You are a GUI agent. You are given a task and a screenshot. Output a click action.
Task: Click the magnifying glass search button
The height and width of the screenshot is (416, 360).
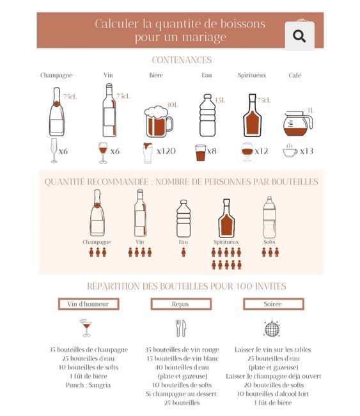pyautogui.click(x=299, y=36)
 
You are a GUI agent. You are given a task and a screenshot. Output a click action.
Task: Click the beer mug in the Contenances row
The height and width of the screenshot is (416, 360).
pyautogui.click(x=158, y=121)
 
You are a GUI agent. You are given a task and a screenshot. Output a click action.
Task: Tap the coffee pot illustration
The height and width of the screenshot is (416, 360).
pyautogui.click(x=297, y=123)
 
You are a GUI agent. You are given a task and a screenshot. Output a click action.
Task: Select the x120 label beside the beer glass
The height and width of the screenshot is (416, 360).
pyautogui.click(x=166, y=152)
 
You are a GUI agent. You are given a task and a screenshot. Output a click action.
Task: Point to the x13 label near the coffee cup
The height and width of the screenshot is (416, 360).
pyautogui.click(x=306, y=152)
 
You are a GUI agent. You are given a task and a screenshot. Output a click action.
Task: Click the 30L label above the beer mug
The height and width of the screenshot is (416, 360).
pyautogui.click(x=171, y=104)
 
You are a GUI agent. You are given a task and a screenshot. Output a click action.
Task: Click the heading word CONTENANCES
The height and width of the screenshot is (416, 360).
pyautogui.click(x=182, y=60)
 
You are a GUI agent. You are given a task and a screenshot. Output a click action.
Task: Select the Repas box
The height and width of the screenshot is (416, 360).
pyautogui.click(x=180, y=304)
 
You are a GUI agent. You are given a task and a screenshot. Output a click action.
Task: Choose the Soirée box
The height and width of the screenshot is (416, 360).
pyautogui.click(x=272, y=304)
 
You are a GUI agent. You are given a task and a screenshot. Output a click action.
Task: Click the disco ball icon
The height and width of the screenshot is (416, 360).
pyautogui.click(x=271, y=328)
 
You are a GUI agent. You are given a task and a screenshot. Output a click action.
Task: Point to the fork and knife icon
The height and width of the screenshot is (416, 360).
pyautogui.click(x=180, y=328)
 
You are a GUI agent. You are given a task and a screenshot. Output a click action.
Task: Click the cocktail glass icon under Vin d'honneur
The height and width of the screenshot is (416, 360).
pyautogui.click(x=86, y=328)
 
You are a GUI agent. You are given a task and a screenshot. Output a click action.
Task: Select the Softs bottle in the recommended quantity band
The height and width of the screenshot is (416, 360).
pyautogui.click(x=269, y=218)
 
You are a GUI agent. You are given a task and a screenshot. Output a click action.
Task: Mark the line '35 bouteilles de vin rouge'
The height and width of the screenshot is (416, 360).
pyautogui.click(x=182, y=349)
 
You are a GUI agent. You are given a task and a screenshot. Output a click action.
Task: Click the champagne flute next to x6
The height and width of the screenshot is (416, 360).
pyautogui.click(x=53, y=151)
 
